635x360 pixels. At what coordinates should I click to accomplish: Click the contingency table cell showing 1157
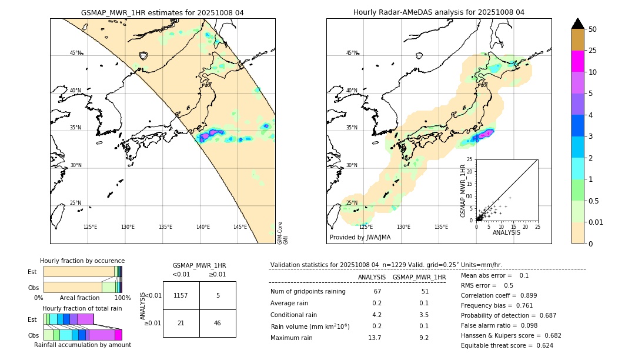181,295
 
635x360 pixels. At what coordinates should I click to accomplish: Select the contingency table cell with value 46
218,323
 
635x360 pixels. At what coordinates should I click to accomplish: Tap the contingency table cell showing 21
181,323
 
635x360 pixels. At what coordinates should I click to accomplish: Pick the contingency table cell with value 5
218,295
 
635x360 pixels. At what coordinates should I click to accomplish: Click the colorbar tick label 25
593,51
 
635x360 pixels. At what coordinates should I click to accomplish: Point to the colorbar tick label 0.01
596,222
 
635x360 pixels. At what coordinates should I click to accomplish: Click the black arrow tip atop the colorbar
578,23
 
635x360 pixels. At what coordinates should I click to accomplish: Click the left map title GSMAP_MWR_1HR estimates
162,12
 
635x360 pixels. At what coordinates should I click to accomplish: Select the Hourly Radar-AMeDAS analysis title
439,12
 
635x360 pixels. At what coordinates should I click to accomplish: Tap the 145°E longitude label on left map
240,227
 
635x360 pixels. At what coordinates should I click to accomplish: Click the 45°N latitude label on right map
352,53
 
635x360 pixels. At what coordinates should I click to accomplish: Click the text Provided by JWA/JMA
360,237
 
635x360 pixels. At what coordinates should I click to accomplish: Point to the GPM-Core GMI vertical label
283,232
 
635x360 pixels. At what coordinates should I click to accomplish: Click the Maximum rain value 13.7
375,338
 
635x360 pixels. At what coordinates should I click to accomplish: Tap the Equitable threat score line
507,345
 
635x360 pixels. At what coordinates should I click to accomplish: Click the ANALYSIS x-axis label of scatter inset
506,233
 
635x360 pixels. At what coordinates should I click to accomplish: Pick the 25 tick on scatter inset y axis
470,159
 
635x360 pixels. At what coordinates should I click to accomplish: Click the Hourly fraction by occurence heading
82,261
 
